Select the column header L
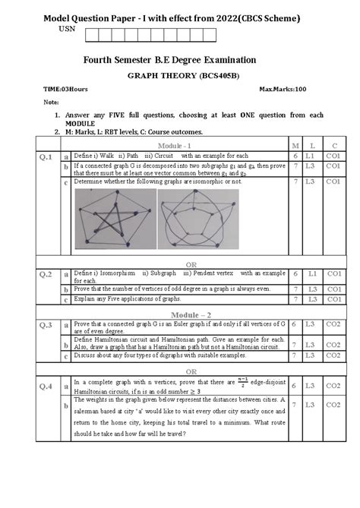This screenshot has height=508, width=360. pos(310,144)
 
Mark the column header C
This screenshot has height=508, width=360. pos(333,144)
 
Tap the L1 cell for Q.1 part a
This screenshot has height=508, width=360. pos(310,155)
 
